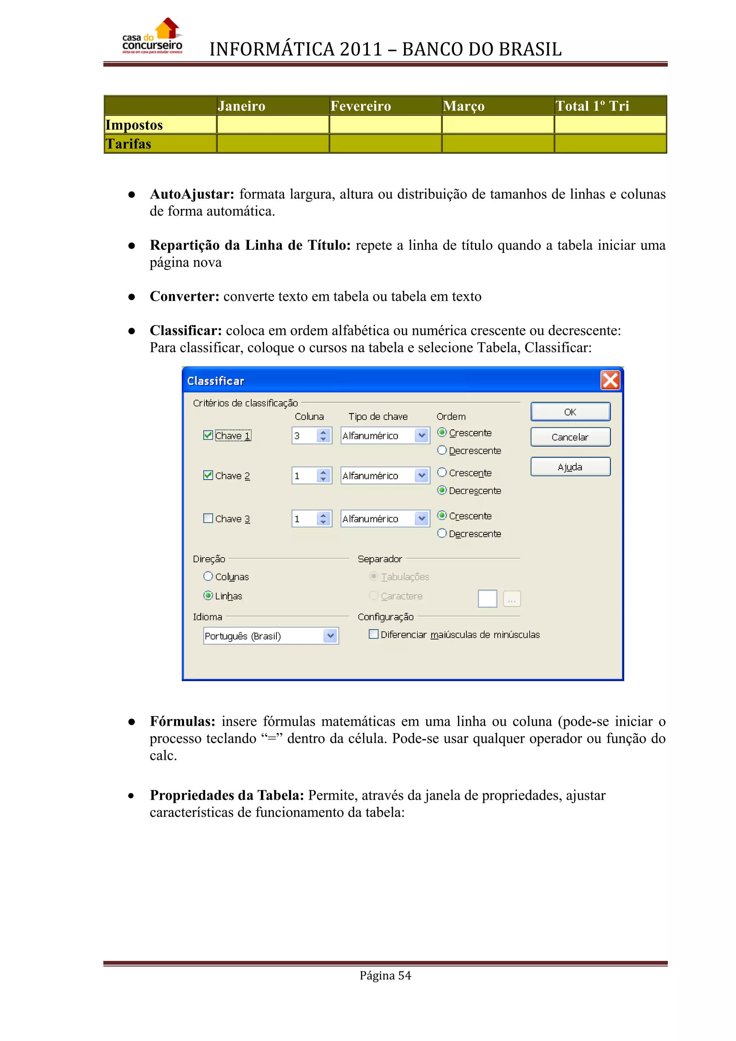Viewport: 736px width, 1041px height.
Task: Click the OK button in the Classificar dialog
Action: [570, 412]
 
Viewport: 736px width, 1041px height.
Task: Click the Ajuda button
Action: [570, 467]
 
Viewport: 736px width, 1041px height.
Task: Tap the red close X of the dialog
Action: [610, 380]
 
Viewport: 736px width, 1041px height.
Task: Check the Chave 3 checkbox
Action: [208, 518]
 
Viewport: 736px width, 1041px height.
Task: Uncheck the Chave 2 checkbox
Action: [208, 475]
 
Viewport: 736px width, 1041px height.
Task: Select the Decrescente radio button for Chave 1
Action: [442, 450]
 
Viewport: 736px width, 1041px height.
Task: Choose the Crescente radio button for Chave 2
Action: [442, 472]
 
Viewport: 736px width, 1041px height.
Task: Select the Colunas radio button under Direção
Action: [208, 576]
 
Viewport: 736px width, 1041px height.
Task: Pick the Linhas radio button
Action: [208, 595]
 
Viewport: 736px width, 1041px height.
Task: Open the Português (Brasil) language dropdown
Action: [330, 636]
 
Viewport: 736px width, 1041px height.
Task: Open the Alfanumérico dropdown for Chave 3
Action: [422, 518]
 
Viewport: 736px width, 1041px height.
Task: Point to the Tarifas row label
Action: [129, 144]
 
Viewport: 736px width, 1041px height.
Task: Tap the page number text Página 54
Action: [385, 975]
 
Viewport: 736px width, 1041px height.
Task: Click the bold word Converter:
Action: [184, 297]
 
